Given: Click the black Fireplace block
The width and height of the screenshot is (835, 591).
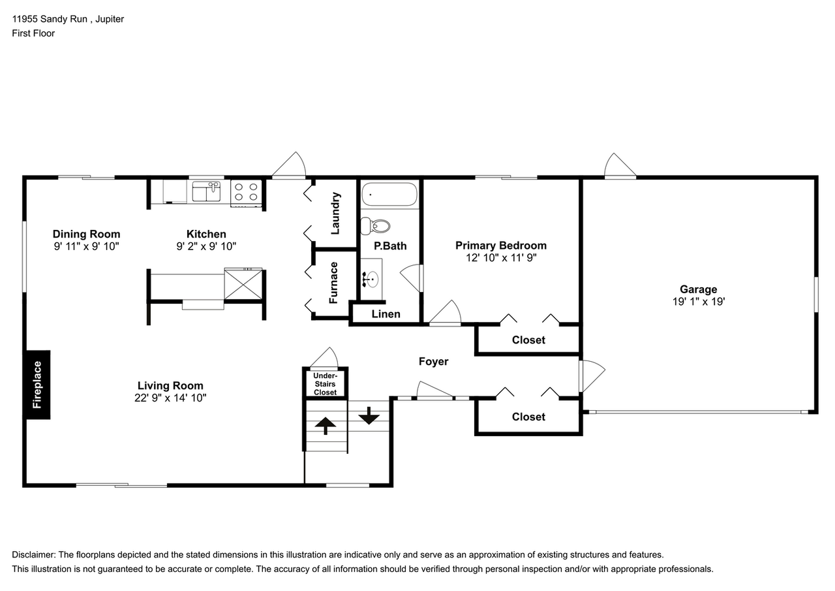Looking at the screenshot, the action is (38, 385).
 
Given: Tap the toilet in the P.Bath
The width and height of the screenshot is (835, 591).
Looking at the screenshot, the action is (375, 226).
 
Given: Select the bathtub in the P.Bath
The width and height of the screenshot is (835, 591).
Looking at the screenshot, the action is (389, 194).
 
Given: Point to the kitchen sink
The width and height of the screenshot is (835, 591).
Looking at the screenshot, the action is (206, 191).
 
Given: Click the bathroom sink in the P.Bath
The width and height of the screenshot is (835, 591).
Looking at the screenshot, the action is (371, 279).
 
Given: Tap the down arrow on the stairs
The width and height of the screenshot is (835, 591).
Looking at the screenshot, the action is (369, 415).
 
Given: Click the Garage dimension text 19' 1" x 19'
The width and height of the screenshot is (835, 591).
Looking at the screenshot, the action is (698, 302).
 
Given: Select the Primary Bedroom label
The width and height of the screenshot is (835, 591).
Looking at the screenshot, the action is (501, 246).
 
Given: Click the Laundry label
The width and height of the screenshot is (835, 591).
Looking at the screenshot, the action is (335, 214).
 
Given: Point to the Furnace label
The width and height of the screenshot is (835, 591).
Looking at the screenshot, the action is (333, 283).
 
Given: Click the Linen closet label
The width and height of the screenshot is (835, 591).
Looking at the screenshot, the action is (386, 314).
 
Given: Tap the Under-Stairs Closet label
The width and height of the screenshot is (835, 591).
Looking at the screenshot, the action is (325, 384).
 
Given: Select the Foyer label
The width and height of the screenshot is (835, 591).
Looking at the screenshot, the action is (433, 362).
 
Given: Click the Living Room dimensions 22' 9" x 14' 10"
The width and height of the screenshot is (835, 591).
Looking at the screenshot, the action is (170, 398).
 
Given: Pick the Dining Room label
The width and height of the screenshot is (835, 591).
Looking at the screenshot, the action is (87, 234).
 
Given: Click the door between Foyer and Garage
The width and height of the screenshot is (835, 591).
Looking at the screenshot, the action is (592, 375).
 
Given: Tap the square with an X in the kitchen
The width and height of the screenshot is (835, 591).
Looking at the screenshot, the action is (243, 283).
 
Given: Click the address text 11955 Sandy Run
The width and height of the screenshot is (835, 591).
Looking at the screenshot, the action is (50, 19).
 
